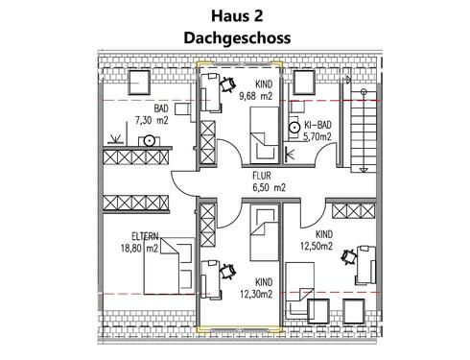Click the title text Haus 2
point(235,16)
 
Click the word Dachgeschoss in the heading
point(235,38)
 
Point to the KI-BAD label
point(317,126)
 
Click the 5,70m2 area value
point(317,137)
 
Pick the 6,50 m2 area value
point(268,189)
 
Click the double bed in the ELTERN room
point(162,268)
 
